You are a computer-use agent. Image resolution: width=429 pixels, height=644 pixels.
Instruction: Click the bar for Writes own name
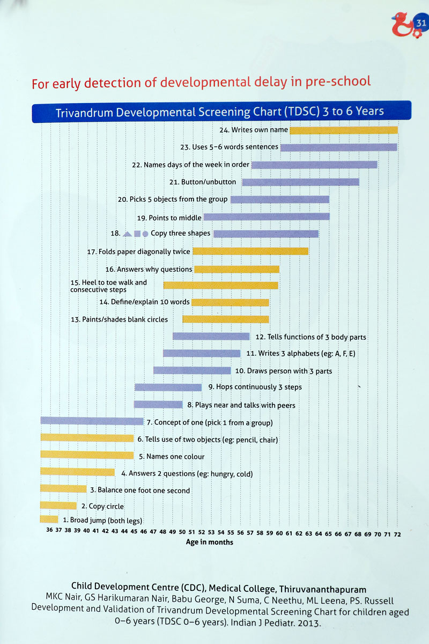point(344,130)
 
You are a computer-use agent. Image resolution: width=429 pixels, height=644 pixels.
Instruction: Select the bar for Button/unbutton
point(300,182)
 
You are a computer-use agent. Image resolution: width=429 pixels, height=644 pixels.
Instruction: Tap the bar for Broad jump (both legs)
point(49,519)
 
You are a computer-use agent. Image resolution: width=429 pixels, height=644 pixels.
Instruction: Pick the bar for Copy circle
point(58,506)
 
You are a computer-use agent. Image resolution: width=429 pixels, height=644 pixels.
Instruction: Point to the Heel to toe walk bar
point(220,286)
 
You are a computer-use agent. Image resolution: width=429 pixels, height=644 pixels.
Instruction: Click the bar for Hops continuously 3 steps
point(168,387)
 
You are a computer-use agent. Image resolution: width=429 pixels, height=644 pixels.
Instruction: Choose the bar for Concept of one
point(92,421)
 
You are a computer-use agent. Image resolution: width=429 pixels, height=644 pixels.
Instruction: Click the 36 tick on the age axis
point(49,534)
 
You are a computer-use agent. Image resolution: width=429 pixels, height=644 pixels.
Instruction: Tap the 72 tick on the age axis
point(397,534)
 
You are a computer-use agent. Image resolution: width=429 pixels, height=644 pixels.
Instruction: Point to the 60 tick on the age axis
point(279,534)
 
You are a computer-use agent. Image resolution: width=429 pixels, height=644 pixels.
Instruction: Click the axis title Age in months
point(210,543)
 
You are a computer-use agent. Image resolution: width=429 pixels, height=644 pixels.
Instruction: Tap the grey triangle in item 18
point(127,234)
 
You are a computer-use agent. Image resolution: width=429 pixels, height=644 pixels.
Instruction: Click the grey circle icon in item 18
point(145,234)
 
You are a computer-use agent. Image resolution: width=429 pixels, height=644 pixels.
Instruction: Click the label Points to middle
point(169,217)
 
